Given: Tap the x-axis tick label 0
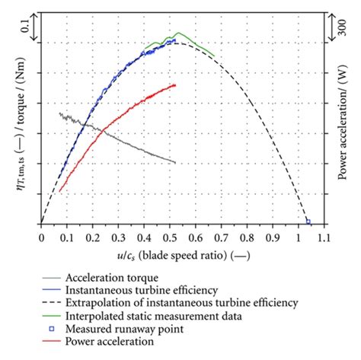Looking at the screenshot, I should click(40, 237).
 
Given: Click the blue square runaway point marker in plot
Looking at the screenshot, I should click(308, 221).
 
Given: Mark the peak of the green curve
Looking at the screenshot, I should click(178, 33).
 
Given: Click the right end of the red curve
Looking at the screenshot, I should click(175, 84).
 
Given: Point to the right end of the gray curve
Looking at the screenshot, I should click(176, 163).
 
